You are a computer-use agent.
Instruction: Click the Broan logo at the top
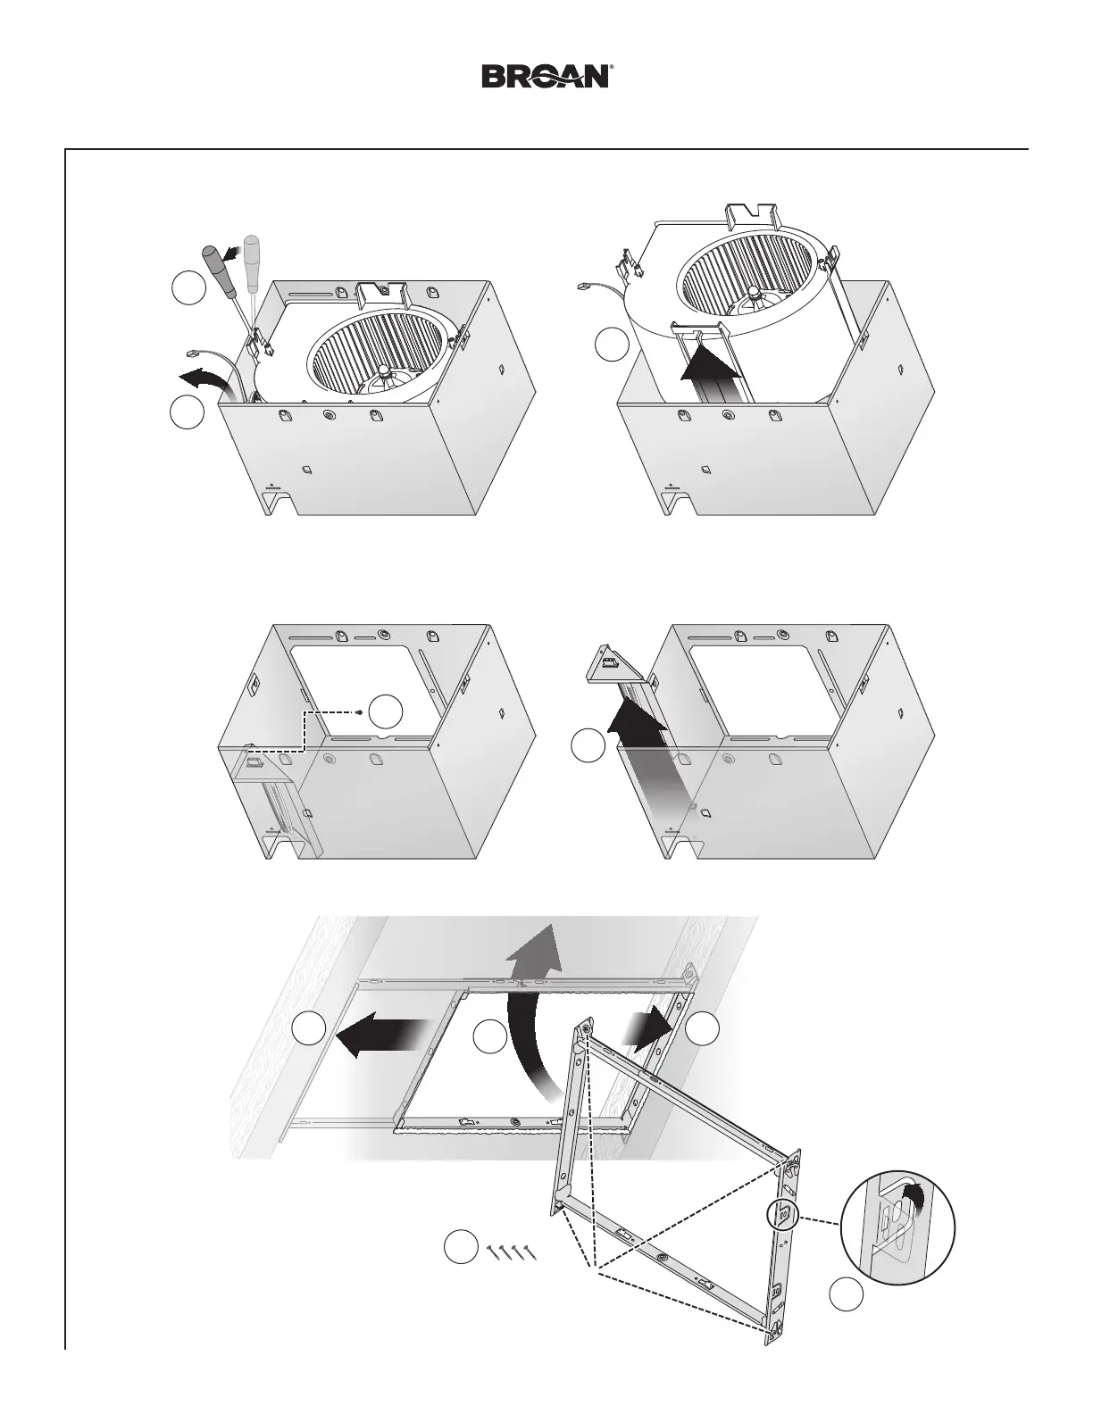(x=546, y=76)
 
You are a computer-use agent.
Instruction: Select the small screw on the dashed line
(x=357, y=712)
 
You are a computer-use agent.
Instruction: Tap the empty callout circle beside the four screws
(x=461, y=1247)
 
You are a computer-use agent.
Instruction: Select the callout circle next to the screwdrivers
(x=188, y=291)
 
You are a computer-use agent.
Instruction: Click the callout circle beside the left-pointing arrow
(x=309, y=1029)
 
